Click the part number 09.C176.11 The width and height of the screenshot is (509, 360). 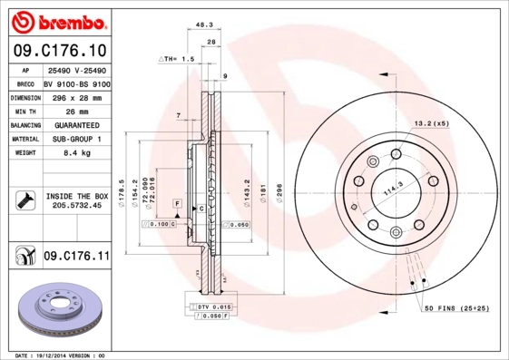coord(76,258)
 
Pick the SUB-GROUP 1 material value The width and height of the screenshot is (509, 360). coord(75,140)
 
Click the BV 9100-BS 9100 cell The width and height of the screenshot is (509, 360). coord(76,82)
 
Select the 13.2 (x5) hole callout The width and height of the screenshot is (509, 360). coord(431,122)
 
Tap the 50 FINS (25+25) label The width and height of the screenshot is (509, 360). coord(456,309)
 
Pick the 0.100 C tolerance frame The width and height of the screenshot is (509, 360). coord(162,223)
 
